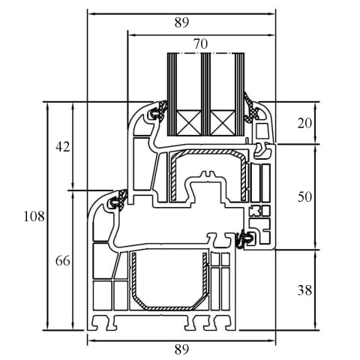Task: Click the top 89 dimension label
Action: point(181,22)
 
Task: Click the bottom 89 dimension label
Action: point(181,349)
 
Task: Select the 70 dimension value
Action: point(200,44)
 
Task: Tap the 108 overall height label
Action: point(34,216)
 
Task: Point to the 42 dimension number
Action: point(63,147)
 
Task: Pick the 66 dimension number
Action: point(63,261)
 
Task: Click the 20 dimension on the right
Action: point(304,123)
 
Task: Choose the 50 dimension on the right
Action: point(304,196)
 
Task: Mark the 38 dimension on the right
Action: point(304,290)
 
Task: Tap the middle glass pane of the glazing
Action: point(205,94)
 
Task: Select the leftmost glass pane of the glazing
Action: point(172,94)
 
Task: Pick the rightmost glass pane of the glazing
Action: point(239,94)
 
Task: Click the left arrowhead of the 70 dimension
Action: point(131,35)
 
